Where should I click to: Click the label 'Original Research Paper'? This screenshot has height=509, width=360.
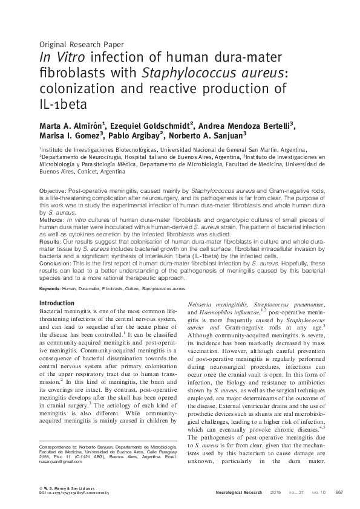[81, 44]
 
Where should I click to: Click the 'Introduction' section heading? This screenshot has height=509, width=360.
[57, 302]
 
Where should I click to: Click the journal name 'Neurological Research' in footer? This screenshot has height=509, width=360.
[239, 493]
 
